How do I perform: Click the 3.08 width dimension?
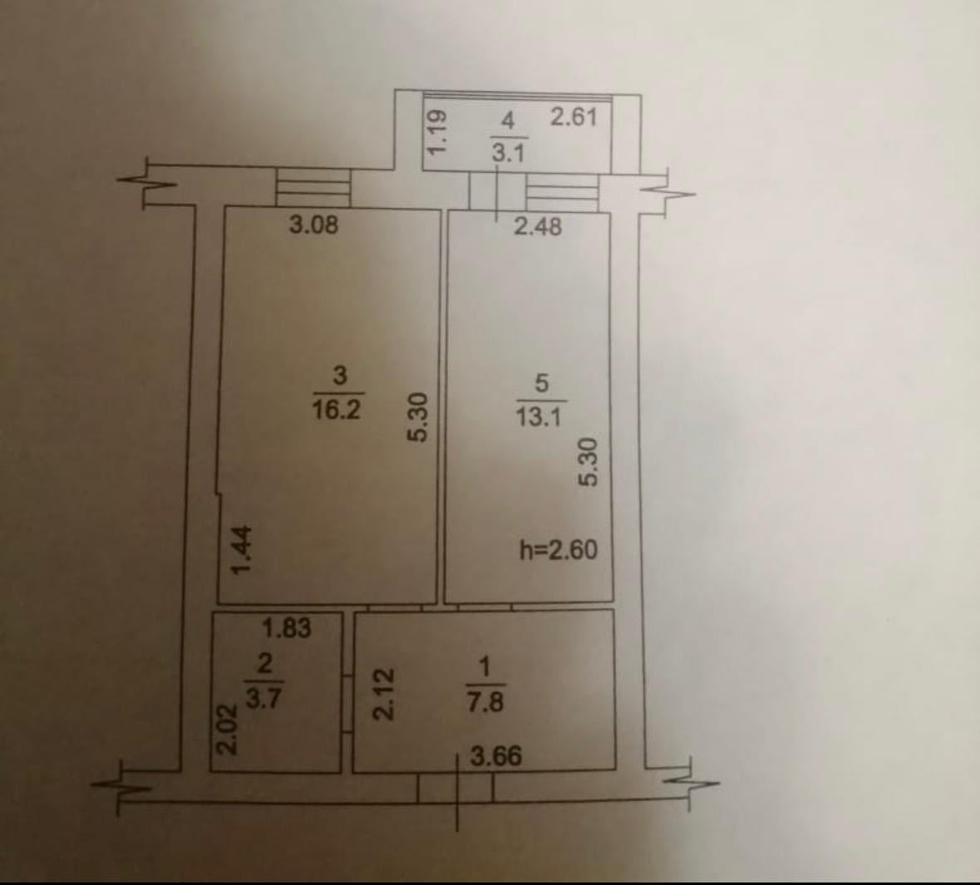313,224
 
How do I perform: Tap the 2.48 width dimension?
537,226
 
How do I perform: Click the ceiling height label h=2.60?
558,550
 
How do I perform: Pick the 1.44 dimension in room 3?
242,550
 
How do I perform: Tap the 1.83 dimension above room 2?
287,628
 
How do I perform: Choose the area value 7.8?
485,703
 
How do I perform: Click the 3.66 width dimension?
495,756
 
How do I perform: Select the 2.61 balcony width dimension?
574,116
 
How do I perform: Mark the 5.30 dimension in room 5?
589,461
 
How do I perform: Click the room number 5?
542,383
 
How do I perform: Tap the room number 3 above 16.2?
339,375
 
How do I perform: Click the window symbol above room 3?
313,188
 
